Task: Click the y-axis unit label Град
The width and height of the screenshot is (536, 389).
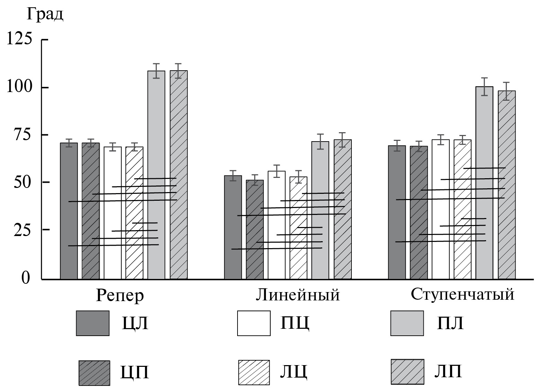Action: pos(45,15)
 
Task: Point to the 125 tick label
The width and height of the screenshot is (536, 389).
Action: pos(19,39)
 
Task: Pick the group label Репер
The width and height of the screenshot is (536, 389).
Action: pos(119,295)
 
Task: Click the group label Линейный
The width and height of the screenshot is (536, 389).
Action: pos(298,295)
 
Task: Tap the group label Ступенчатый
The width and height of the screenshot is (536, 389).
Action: pos(463,294)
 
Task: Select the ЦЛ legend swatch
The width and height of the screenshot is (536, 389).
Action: pos(92,323)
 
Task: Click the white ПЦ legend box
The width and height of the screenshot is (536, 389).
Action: pos(253,323)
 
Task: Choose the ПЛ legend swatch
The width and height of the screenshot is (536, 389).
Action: pos(407,323)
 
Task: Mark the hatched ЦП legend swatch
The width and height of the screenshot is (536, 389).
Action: pos(94,373)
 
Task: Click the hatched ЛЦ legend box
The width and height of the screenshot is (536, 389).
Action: pos(254,372)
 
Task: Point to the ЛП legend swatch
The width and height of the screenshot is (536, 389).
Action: pos(407,372)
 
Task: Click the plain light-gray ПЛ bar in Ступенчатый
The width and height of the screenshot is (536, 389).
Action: pos(484,138)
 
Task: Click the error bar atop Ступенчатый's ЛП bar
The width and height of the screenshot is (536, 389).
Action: pos(507,91)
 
